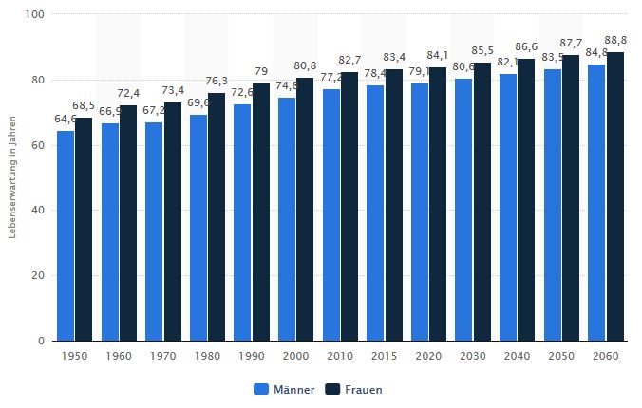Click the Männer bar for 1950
coord(66,235)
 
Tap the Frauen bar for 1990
coord(261,212)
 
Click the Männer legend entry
coord(285,389)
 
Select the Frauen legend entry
coord(356,389)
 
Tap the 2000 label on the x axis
coord(295,355)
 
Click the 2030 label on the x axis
coord(472,355)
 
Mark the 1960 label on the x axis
coord(119,355)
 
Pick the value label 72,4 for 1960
coord(129,93)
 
